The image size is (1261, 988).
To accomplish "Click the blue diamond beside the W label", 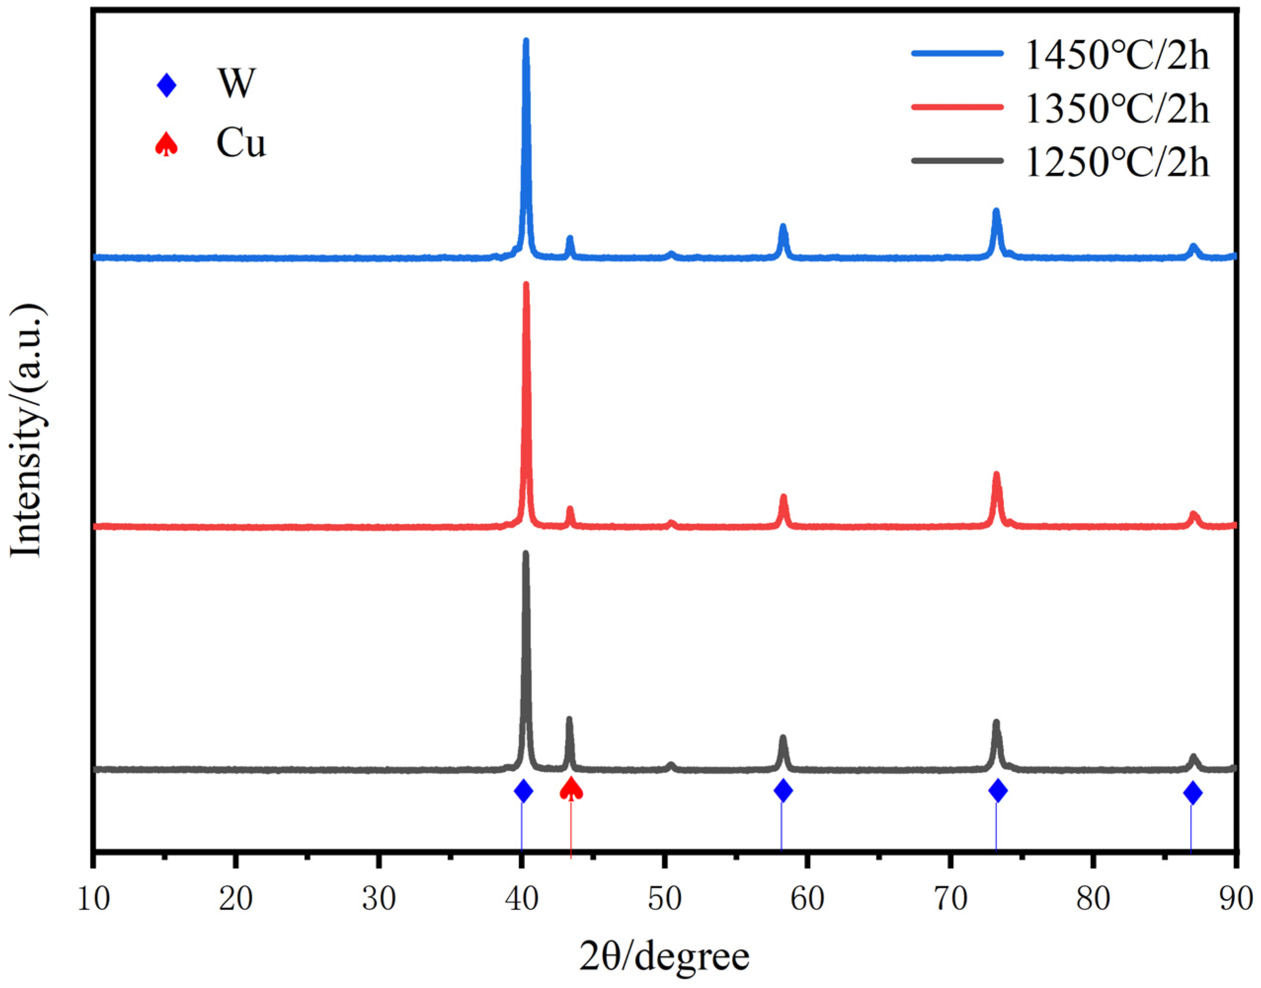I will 166,85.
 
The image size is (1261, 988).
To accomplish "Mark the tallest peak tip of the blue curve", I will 526,41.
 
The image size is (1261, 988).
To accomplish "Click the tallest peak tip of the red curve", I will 526,285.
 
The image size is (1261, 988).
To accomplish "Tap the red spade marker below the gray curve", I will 571,789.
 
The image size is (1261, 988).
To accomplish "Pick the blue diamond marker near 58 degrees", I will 783,790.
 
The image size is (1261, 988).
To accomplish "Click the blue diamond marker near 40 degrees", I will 524,790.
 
